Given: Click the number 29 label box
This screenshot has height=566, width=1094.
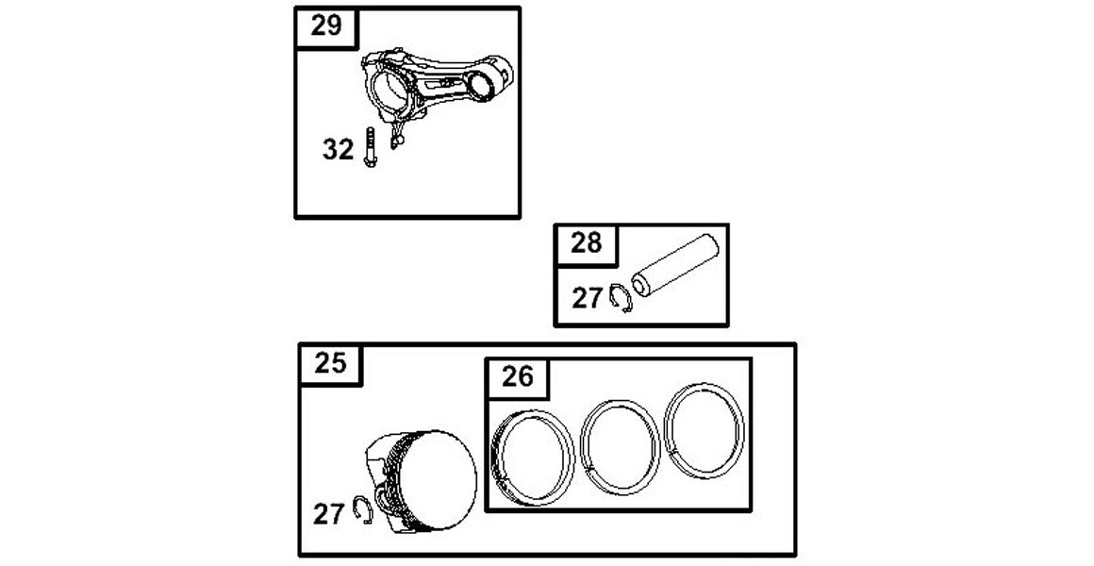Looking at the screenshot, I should (x=326, y=26).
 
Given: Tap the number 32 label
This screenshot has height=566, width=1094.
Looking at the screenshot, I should (x=338, y=149).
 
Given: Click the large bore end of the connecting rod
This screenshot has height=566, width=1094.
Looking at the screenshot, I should (x=389, y=90).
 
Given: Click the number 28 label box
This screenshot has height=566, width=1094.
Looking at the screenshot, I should (x=586, y=243).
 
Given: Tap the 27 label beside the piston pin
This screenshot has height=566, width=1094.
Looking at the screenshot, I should (x=587, y=298).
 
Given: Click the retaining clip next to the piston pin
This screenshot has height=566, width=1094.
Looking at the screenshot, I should (x=621, y=299).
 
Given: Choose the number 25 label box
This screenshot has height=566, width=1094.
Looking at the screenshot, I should (x=330, y=363).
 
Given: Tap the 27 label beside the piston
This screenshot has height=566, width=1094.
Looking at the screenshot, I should (x=328, y=514).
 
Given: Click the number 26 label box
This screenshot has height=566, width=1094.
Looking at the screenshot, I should (x=518, y=377).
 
